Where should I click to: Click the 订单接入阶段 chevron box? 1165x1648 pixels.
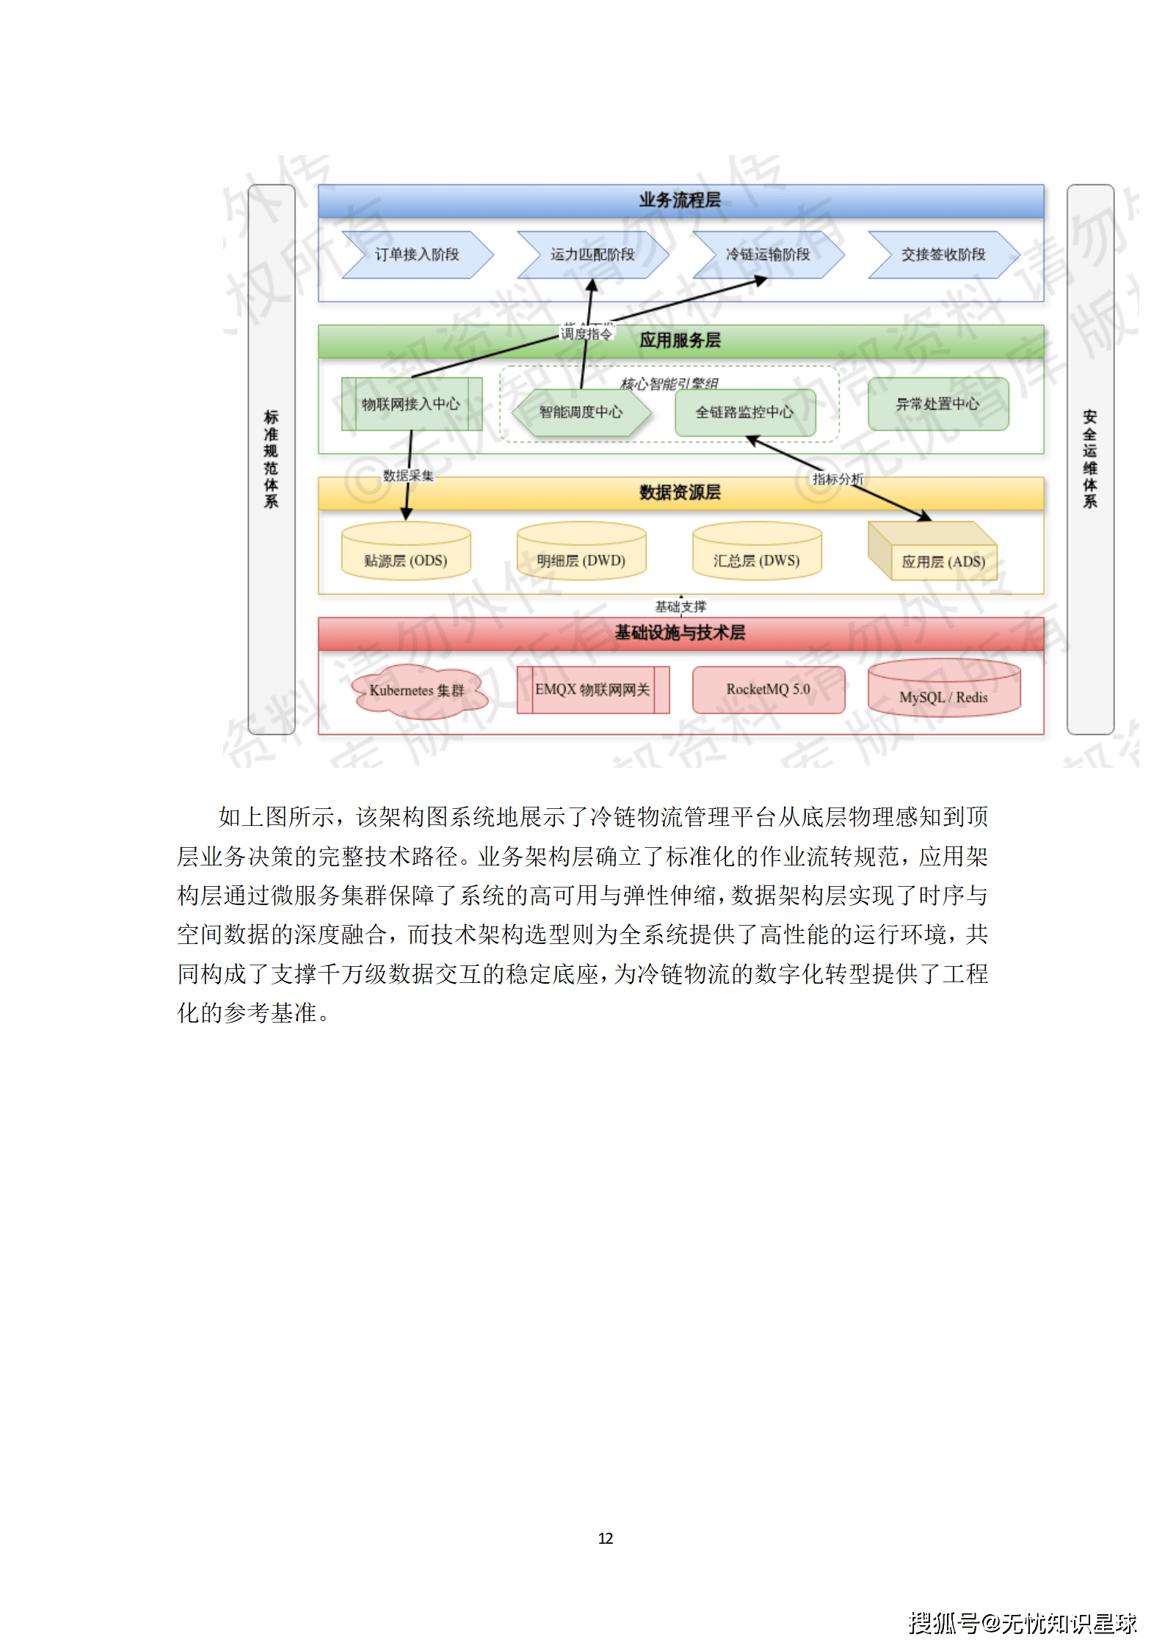416,255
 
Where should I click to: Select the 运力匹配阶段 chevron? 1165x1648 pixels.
592,255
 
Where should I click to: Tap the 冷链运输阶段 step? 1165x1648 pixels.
767,255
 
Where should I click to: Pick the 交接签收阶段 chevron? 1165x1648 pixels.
943,255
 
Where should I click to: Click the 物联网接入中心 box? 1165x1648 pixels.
411,404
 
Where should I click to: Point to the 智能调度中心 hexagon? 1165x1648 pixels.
581,412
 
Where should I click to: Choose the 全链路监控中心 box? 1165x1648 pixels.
744,412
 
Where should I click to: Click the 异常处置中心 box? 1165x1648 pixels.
937,404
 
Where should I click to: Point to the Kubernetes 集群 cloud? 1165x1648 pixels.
417,690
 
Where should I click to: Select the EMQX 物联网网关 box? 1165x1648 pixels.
592,689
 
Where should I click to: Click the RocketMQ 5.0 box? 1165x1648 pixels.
768,689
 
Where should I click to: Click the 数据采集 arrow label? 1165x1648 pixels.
408,476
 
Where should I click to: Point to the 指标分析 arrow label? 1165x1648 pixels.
838,479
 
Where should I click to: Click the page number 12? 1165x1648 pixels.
606,1538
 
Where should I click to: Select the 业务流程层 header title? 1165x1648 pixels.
680,200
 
